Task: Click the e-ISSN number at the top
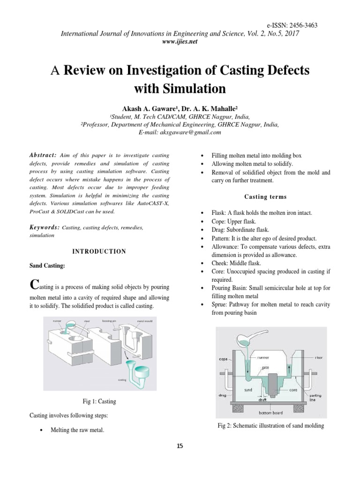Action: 285,25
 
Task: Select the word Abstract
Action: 42,155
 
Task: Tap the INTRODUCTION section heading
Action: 99,252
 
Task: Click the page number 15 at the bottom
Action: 180,446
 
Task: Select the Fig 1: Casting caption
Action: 99,402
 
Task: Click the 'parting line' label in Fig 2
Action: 315,398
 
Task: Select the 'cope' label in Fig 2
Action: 223,360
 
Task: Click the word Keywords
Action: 44,227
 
